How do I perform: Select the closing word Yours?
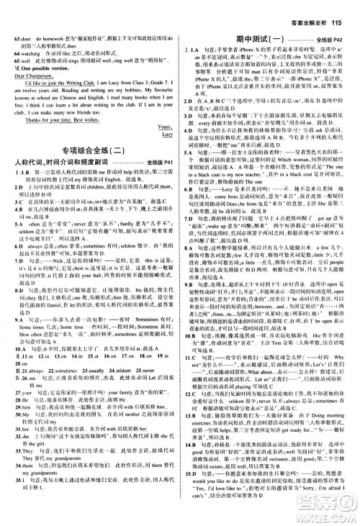click(163, 127)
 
